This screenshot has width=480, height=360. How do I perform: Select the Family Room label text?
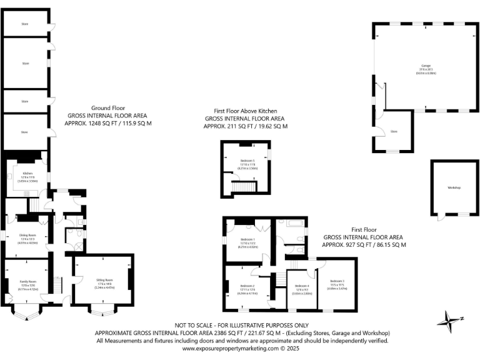26,283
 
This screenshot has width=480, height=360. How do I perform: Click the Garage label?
426,66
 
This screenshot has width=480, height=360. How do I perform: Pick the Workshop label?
453,187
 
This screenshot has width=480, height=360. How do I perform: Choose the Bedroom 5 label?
246,161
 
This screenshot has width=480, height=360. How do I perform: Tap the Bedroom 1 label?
247,239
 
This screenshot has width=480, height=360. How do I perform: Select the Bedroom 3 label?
337,281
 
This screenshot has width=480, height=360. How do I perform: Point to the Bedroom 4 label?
302,286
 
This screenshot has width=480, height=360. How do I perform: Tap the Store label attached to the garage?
394,132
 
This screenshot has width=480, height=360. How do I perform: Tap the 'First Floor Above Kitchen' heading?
245,111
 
